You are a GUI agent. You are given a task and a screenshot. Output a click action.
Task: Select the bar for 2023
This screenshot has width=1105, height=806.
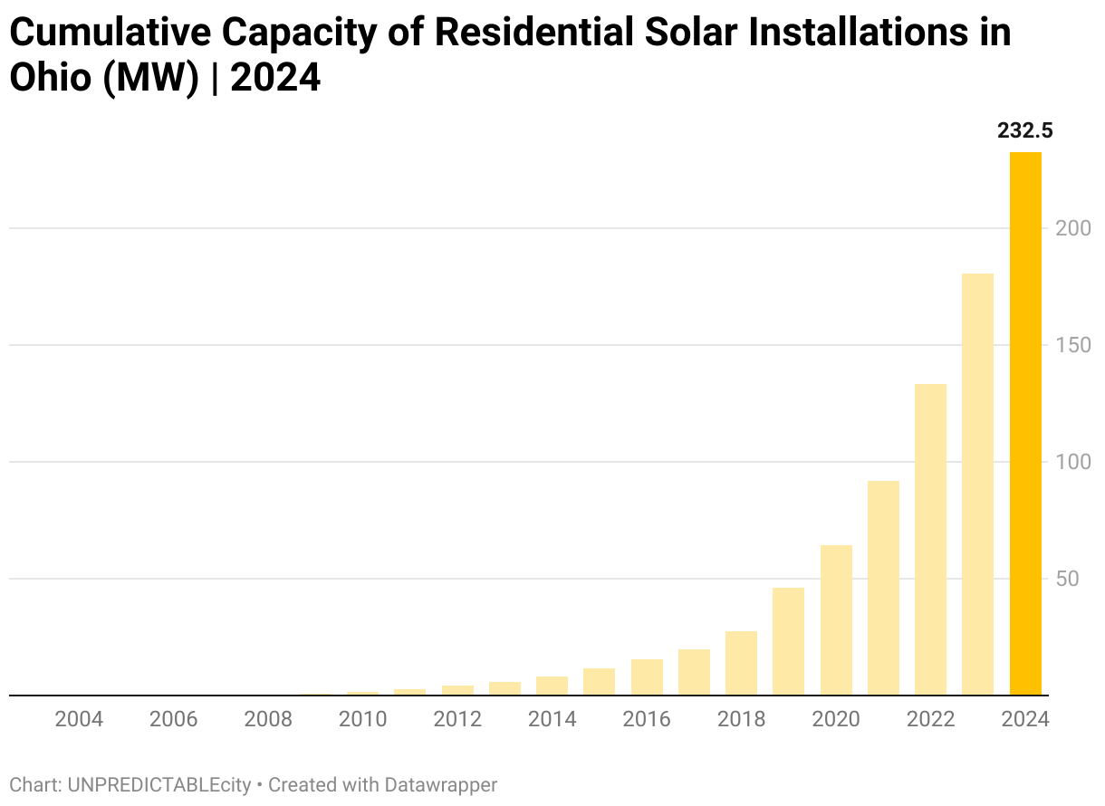(978, 485)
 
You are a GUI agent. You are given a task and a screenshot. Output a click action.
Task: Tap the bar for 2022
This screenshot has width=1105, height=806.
(930, 540)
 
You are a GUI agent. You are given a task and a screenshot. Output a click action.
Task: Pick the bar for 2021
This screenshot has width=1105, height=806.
(883, 589)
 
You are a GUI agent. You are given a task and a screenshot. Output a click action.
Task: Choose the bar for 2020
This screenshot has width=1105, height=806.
(836, 620)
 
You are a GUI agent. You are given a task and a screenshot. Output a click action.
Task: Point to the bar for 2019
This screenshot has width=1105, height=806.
(789, 642)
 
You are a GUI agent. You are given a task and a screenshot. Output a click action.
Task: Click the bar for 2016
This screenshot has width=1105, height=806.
(647, 677)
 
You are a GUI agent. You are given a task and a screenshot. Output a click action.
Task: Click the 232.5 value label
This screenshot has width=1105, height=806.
(1025, 131)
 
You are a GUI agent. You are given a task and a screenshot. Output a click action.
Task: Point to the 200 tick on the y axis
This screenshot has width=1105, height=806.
(1072, 228)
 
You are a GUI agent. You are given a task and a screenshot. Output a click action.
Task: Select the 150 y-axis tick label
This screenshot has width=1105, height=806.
(1072, 345)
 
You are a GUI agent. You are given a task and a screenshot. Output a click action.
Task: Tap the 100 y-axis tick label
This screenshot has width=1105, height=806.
(1072, 462)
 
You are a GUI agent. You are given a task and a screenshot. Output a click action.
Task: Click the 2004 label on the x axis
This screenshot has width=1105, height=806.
(79, 720)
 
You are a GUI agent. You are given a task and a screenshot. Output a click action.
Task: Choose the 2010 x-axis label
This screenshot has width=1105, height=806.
(362, 720)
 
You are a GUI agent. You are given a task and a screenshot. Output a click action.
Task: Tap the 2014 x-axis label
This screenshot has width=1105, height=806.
(552, 720)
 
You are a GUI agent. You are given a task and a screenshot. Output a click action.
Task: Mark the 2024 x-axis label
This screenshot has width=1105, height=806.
(1025, 720)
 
